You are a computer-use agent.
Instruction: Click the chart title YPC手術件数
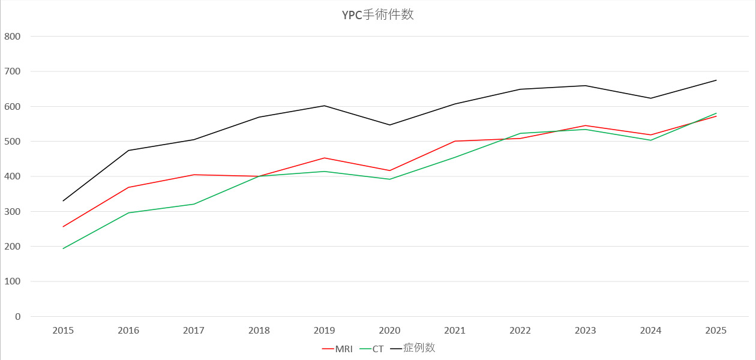pos(377,15)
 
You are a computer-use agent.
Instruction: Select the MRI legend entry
pos(343,349)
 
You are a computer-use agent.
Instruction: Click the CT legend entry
pos(378,349)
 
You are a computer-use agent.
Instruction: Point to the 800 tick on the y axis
pos(12,36)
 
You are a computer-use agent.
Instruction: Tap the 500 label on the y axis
pos(12,142)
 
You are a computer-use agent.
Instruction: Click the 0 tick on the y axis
pos(17,317)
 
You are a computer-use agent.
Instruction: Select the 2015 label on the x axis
pos(63,331)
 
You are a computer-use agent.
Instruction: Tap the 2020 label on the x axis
pos(389,331)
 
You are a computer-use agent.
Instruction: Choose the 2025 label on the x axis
pos(716,331)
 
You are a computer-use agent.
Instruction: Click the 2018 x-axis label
pos(259,331)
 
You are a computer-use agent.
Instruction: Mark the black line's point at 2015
pos(63,201)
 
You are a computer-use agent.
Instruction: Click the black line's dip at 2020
pos(389,125)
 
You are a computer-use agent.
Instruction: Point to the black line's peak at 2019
pos(325,106)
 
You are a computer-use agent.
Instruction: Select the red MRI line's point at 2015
pos(63,227)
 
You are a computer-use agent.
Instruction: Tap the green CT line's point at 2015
pos(63,248)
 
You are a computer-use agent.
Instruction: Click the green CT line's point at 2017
pos(194,204)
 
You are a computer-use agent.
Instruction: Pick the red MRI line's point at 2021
pos(455,141)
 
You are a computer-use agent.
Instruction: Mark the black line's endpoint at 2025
pos(716,80)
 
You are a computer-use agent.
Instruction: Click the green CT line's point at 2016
pos(128,213)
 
